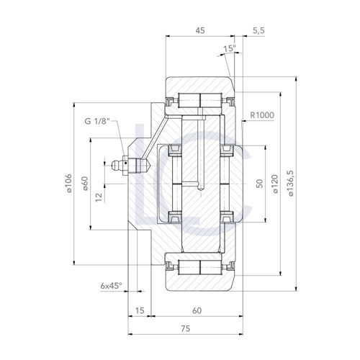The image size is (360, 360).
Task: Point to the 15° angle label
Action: click(230, 50)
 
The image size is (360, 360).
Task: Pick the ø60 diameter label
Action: click(85, 184)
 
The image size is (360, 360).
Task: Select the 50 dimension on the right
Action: click(260, 184)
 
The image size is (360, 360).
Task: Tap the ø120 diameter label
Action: click(274, 184)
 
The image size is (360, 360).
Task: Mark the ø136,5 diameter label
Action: click(290, 184)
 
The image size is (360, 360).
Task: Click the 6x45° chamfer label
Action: click(112, 286)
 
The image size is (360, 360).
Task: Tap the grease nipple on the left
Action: click(130, 166)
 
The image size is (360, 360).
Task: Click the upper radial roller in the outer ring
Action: click(200, 100)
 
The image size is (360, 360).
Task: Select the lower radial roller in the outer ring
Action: click(200, 267)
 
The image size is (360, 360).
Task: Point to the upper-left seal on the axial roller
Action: click(174, 152)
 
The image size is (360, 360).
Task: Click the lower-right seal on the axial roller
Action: click(226, 216)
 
